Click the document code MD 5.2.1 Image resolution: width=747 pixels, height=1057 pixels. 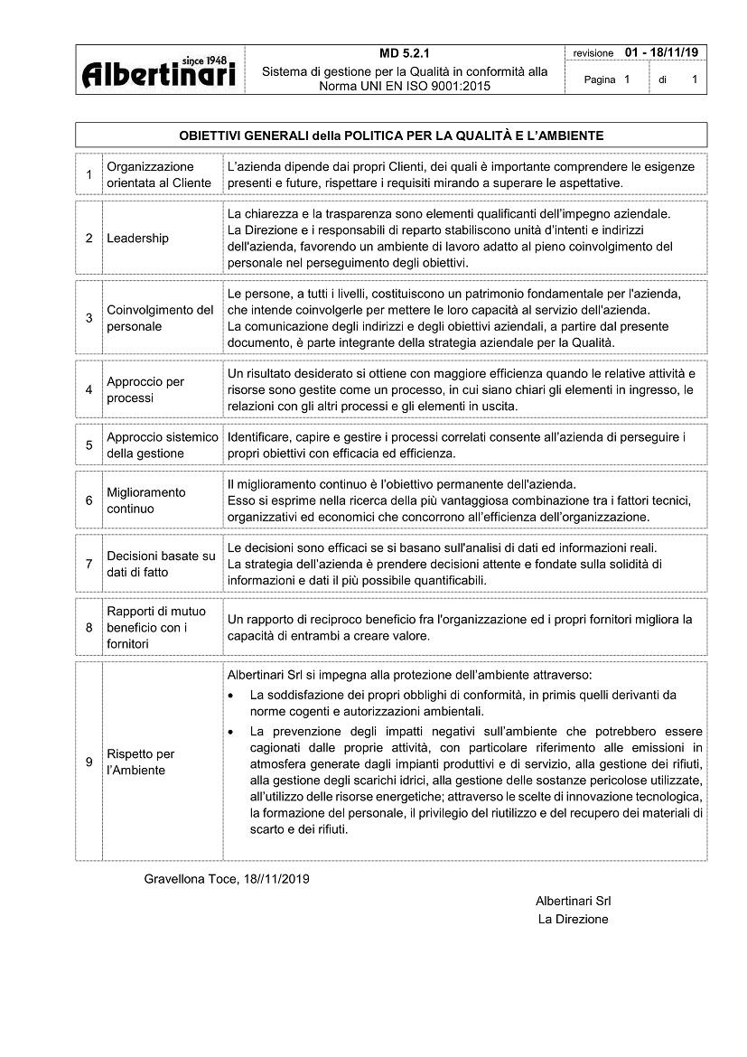click(405, 53)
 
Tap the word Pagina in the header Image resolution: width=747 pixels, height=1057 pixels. click(600, 80)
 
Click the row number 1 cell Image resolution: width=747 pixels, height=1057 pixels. click(89, 175)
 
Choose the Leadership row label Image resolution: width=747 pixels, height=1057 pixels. click(137, 239)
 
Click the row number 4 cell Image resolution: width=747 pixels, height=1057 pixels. click(89, 390)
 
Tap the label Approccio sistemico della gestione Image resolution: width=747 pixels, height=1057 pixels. click(162, 445)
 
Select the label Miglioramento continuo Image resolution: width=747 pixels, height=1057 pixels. click(145, 500)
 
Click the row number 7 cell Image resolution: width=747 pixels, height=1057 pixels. click(89, 564)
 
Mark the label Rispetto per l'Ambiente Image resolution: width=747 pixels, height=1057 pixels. click(141, 762)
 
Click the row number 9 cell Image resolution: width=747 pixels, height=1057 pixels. click(89, 762)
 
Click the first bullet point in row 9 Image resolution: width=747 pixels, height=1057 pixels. click(233, 696)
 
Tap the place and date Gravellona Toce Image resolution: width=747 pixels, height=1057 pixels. click(227, 879)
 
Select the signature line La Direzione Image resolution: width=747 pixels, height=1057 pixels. click(573, 919)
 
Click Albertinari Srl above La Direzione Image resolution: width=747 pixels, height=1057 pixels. click(573, 901)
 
